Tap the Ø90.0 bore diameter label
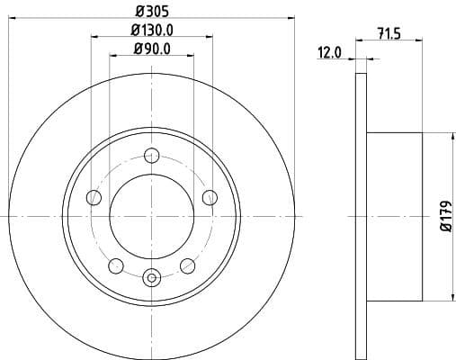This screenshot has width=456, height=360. click(151, 49)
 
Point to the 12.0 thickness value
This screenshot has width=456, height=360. click(330, 53)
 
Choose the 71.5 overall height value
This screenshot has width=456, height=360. click(389, 34)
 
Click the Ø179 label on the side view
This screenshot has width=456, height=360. click(443, 216)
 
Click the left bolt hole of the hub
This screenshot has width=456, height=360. click(93, 198)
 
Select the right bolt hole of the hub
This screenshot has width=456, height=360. click(210, 198)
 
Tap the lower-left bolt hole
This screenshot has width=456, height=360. click(115, 265)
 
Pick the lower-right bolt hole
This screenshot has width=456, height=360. click(187, 265)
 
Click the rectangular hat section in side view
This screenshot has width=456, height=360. click(396, 216)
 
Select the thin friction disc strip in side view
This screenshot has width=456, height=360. click(362, 216)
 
